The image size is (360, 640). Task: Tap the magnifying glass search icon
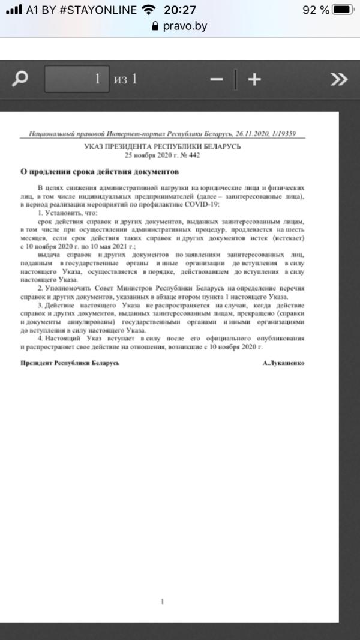tap(21, 79)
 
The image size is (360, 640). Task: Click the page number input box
tap(76, 79)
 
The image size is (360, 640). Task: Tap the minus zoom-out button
tap(217, 79)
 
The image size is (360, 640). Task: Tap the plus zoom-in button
tap(254, 79)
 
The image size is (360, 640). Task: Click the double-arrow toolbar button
tap(339, 79)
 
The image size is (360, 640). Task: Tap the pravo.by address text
tap(185, 26)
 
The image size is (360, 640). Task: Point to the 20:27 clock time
tap(179, 10)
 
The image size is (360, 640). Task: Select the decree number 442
tap(193, 155)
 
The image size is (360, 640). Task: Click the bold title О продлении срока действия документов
tap(100, 171)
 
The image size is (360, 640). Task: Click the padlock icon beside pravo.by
tap(156, 26)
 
